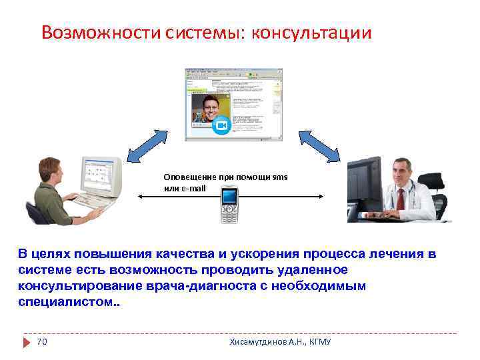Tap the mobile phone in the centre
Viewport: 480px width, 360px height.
(x=230, y=204)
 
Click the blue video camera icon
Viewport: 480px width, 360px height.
(x=222, y=125)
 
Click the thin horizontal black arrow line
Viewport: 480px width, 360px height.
(x=280, y=196)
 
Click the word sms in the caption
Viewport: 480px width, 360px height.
(x=281, y=177)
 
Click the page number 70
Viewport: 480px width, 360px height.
(x=41, y=342)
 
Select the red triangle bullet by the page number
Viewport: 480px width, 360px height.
(x=27, y=342)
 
